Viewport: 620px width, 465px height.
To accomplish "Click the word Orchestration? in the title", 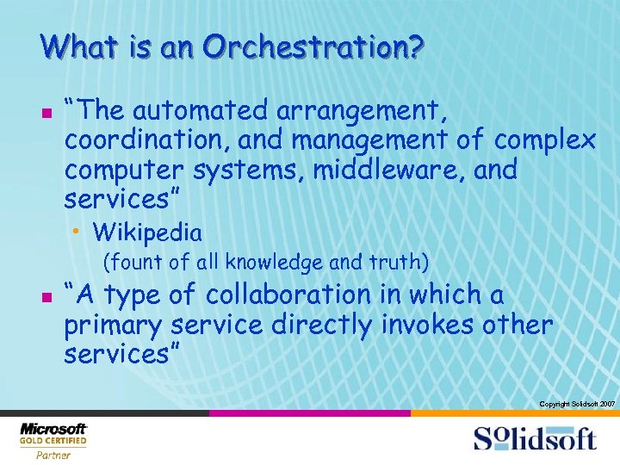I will tap(313, 46).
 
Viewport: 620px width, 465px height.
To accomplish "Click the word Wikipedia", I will tap(147, 232).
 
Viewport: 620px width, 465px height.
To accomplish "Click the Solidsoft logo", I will tap(535, 439).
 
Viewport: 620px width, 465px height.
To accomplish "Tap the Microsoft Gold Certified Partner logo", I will tap(53, 440).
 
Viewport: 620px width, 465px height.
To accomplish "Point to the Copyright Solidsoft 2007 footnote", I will tap(576, 403).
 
